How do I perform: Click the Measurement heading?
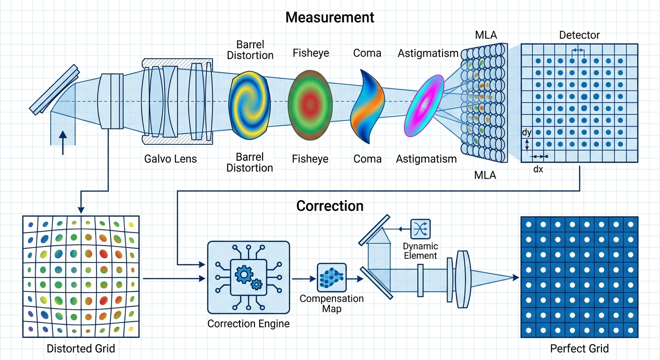[330, 17]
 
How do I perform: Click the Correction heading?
[330, 206]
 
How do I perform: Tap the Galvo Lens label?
[171, 159]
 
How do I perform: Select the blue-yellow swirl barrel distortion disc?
[249, 105]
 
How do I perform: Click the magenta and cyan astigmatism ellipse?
[424, 105]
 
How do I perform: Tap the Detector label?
[579, 35]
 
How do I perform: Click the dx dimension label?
[538, 169]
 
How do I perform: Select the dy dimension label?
[526, 133]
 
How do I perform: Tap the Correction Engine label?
[248, 324]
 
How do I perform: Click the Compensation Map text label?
[331, 304]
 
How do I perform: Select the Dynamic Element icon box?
[420, 229]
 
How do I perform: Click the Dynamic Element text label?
[420, 251]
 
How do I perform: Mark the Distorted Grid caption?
[81, 349]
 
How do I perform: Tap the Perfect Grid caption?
[579, 349]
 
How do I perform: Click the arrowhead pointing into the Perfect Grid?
[516, 277]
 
